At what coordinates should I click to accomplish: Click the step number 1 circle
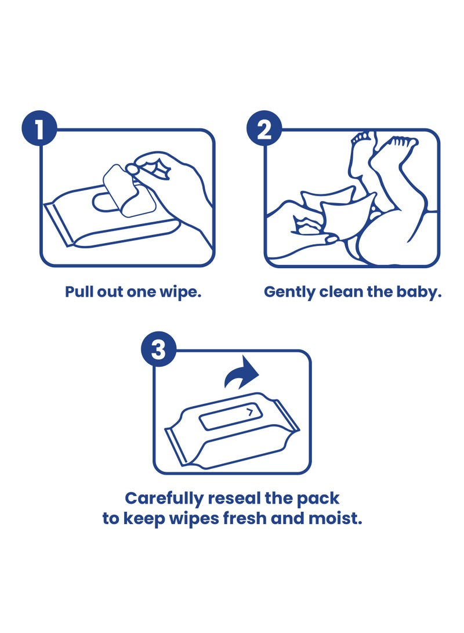tap(39, 130)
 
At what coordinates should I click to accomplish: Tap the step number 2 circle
tap(264, 130)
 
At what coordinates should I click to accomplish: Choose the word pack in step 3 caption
tap(320, 498)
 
